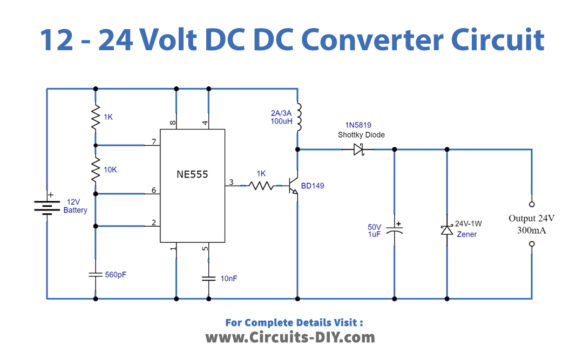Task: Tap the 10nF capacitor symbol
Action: point(208,276)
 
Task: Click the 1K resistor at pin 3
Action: point(261,186)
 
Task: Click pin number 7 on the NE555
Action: point(154,142)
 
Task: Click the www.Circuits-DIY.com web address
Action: point(290,338)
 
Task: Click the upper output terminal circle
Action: point(529,199)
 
